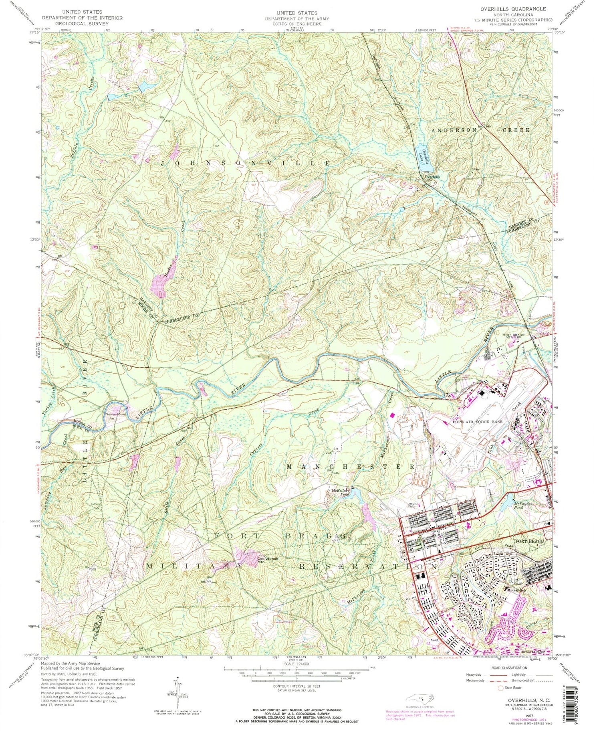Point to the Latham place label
(x=95, y=504)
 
